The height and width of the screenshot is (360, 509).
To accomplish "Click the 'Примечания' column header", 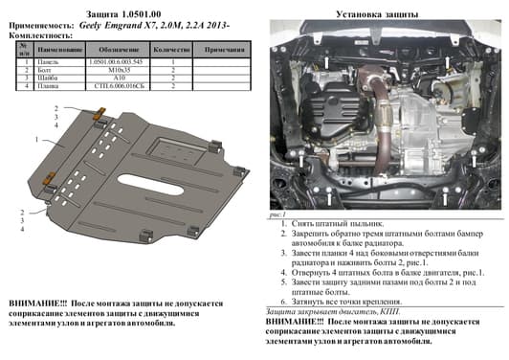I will pyautogui.click(x=226, y=48).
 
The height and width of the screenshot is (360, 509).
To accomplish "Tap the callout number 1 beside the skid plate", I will pyautogui.click(x=37, y=140).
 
